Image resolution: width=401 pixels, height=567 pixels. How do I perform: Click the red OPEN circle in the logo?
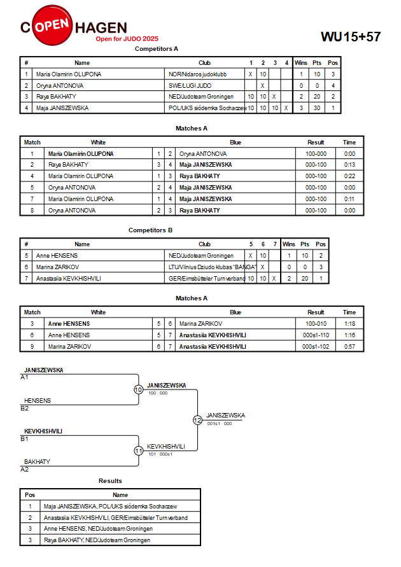tap(52, 25)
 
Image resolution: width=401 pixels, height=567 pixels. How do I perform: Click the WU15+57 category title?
tap(351, 36)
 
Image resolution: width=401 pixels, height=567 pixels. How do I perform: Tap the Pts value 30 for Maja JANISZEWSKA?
tap(317, 108)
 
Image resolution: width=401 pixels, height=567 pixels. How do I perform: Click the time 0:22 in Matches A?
tap(349, 176)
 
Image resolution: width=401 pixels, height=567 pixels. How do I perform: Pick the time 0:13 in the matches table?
tap(349, 165)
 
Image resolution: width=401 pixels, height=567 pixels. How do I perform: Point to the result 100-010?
tap(316, 324)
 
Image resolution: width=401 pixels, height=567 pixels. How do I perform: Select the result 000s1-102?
tap(316, 346)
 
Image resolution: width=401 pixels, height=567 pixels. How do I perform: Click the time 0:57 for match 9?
tap(349, 346)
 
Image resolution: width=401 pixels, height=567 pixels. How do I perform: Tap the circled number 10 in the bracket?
tap(139, 390)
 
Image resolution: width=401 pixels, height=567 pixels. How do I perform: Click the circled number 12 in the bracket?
tap(197, 420)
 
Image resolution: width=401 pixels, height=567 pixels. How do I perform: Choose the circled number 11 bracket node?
tap(139, 451)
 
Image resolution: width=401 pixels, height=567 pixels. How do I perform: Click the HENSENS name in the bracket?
tap(38, 401)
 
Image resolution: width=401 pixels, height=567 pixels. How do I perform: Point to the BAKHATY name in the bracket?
tap(37, 462)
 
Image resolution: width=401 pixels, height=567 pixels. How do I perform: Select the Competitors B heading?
tap(150, 230)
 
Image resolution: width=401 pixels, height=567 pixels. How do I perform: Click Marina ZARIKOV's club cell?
tap(212, 267)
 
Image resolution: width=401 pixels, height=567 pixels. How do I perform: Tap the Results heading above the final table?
tap(110, 481)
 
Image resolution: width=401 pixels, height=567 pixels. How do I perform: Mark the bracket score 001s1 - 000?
tap(220, 423)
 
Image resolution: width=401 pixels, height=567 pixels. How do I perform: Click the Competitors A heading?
tap(157, 49)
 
